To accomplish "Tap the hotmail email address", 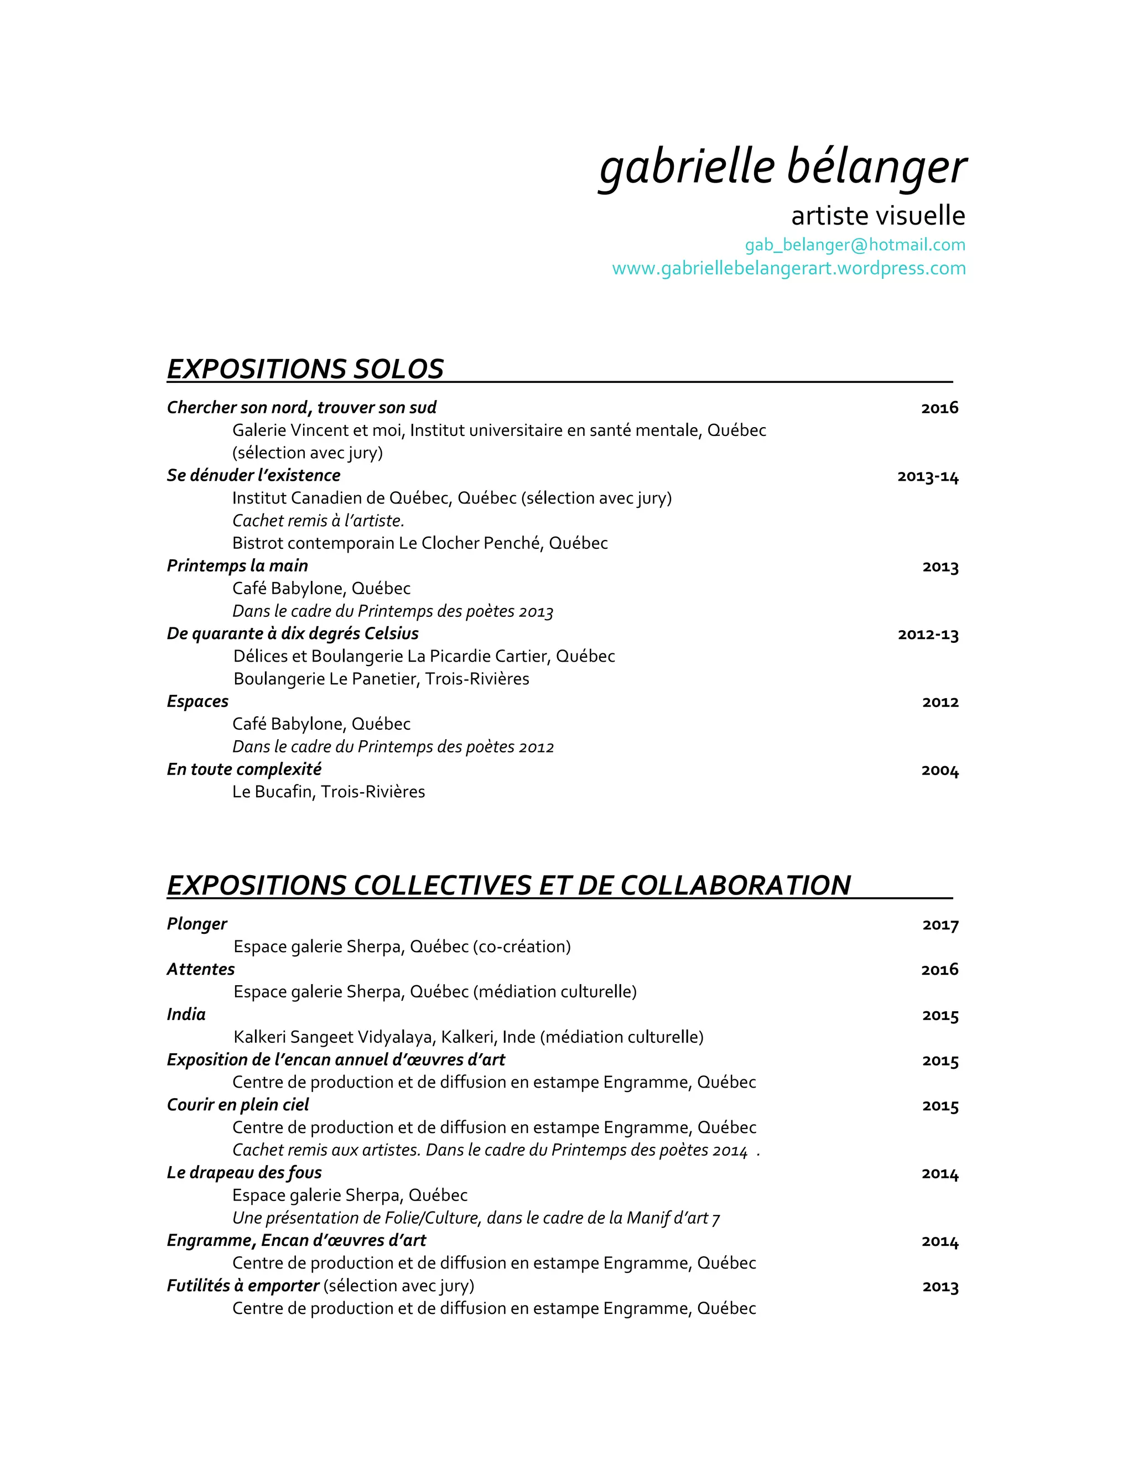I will [855, 245].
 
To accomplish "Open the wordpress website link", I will [789, 268].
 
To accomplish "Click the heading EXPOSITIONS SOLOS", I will [305, 369].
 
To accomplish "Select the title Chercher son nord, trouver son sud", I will [302, 408].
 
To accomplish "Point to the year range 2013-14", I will [928, 476].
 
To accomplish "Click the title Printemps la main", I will [237, 566].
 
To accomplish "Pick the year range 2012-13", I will [928, 635].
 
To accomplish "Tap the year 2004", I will [940, 770].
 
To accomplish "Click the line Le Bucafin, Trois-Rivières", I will [328, 792].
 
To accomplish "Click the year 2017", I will [940, 925].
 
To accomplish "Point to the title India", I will [186, 1014].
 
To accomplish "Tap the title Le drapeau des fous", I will [245, 1173].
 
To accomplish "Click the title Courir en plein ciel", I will [237, 1105].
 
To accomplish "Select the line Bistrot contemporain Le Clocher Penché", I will [419, 543].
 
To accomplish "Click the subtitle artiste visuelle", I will [877, 215].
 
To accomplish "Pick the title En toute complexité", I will [243, 770].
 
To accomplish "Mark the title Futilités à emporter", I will [243, 1286].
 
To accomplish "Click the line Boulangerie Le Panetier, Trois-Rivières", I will [381, 679].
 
